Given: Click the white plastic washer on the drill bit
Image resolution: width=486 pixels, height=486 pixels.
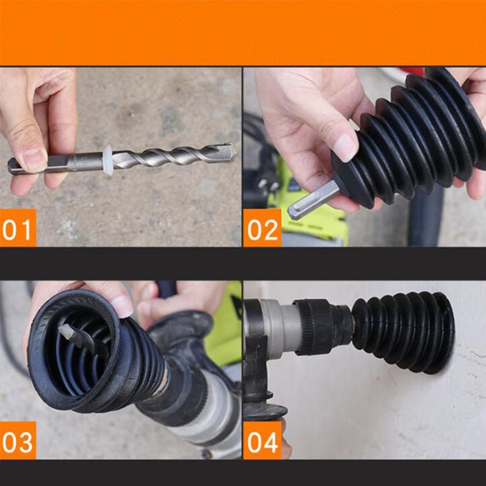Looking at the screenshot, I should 108,160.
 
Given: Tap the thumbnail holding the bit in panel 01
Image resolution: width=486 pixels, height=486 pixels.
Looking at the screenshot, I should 34,159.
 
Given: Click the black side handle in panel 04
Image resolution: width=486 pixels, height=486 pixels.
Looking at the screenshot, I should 258,389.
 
